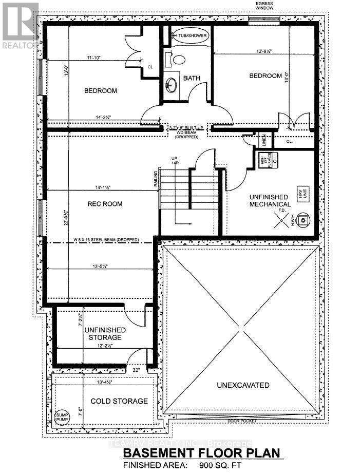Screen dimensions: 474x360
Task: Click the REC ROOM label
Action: (x=104, y=204)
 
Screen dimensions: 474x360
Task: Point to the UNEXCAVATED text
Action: (x=242, y=385)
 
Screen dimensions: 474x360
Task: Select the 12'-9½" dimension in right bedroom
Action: (x=267, y=51)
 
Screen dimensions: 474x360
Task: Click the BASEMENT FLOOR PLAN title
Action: (x=202, y=453)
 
